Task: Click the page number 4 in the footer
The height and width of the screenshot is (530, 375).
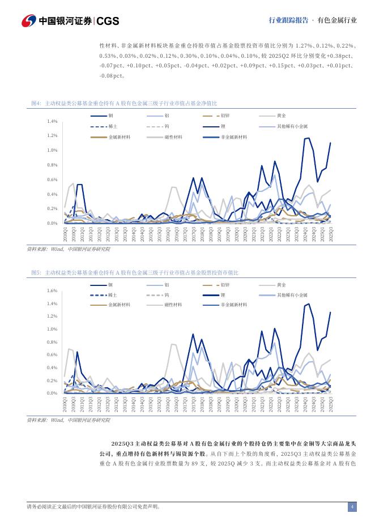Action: point(352,507)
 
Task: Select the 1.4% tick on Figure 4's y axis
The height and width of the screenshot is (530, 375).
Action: point(52,122)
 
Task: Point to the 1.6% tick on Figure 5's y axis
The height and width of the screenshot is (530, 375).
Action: point(52,290)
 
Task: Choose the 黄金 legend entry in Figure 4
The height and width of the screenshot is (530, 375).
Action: point(281,116)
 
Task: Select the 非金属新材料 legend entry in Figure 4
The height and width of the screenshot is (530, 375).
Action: point(233,137)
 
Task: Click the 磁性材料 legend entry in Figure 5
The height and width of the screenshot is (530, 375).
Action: point(173,305)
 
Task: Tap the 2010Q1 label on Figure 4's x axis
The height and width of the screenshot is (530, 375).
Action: point(66,234)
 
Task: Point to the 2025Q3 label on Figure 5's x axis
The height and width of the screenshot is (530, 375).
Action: point(331,404)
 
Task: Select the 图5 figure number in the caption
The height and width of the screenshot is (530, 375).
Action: point(35,272)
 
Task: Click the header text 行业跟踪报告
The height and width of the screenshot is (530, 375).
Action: point(288,20)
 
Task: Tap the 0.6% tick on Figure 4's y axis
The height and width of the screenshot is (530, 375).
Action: point(52,179)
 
